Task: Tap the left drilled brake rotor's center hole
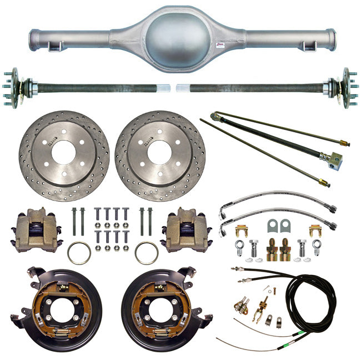(63, 152)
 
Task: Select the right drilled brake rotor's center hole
(160, 152)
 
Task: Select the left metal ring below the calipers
(79, 253)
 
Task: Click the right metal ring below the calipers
(146, 253)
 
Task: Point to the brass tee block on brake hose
(334, 161)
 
